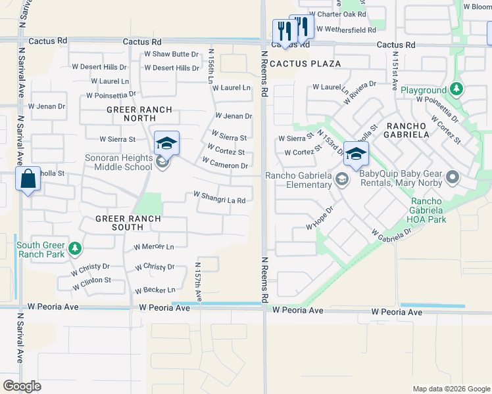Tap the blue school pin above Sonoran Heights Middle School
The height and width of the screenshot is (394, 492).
tap(166, 143)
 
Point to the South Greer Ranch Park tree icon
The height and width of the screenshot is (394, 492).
tap(75, 248)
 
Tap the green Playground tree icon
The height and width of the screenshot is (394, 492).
tap(456, 89)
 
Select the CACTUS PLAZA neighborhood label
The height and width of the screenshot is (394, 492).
tap(305, 64)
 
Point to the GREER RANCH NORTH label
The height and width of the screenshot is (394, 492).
tap(139, 114)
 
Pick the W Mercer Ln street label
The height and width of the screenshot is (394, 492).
tap(154, 248)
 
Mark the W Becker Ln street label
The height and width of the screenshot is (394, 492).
tap(155, 290)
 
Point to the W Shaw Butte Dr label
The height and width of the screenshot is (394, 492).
tap(171, 54)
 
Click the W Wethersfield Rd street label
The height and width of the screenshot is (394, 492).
tap(346, 29)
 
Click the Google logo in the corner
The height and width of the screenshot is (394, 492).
tap(22, 386)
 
